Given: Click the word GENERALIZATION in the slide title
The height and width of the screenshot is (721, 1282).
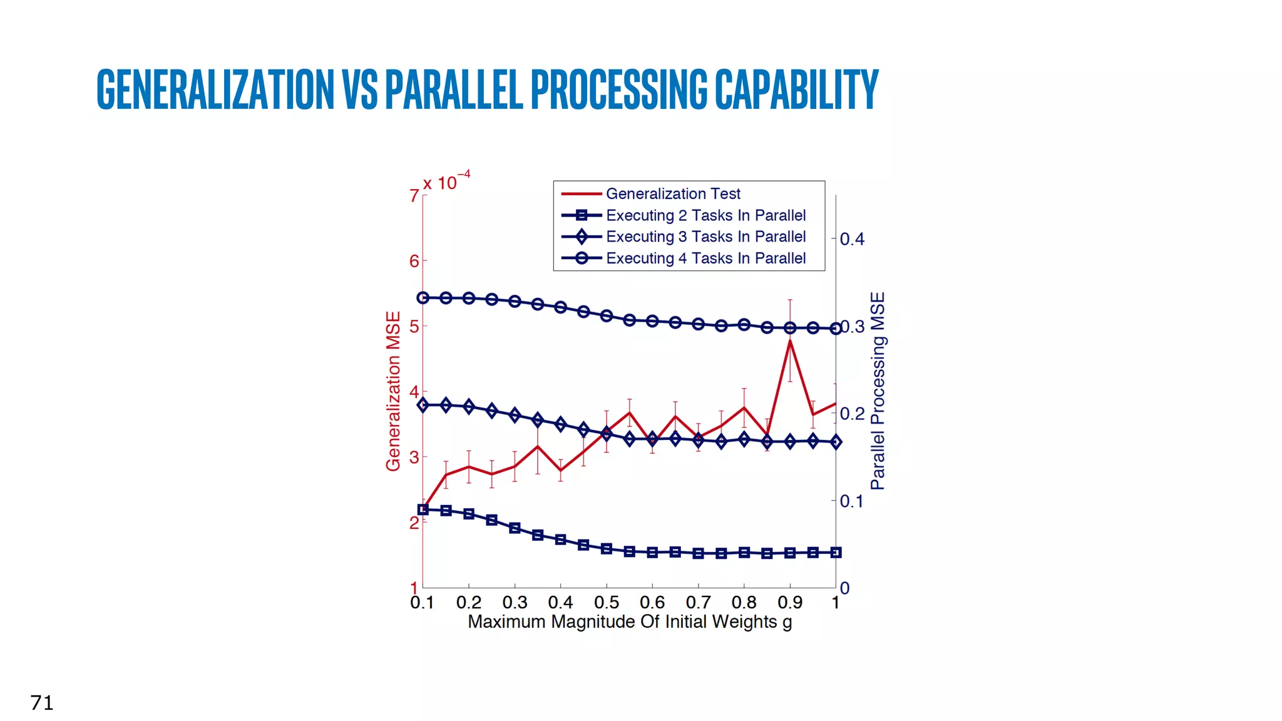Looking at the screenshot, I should coord(215,89).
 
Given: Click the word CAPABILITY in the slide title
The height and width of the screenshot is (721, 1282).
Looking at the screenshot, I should coord(796,89).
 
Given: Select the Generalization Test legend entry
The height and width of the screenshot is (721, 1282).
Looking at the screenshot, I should coord(672,194).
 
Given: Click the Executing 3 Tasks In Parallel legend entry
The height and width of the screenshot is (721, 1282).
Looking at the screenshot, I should coord(705,237).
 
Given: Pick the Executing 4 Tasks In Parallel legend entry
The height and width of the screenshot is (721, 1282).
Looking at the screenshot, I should coord(705,258).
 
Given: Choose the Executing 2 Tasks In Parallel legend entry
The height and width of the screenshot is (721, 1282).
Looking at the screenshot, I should coord(705,215).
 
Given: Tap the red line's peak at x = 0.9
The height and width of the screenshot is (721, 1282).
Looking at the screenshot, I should coord(790,340).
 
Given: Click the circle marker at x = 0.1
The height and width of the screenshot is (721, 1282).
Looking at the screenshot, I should coord(423,298).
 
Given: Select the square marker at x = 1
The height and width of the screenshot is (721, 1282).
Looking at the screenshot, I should coord(836,553).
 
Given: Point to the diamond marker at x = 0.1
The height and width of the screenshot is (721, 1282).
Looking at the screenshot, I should coord(423,405).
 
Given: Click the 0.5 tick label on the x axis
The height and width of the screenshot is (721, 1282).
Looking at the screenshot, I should coord(606,603).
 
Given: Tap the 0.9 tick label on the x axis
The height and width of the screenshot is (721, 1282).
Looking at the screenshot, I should coord(790,603).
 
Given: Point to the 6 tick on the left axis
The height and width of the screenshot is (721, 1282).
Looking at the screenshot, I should coord(414,261).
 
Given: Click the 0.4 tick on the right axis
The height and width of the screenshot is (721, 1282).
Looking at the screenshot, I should coord(852,239).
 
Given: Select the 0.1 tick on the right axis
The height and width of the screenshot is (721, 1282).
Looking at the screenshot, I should coord(851,501).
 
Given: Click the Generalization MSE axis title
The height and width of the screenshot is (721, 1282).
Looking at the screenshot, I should coord(393,391).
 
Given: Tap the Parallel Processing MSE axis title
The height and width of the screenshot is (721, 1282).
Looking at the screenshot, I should coord(878,391).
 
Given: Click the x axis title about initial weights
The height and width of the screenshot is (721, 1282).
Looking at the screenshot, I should coord(630,622).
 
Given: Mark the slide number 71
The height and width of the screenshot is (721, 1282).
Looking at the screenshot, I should coord(42,703).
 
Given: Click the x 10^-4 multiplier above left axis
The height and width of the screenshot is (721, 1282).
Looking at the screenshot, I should coord(446,182).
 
